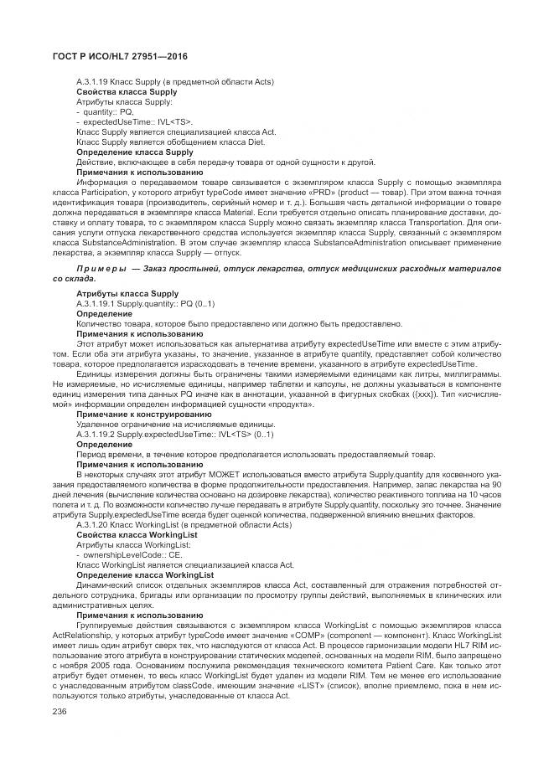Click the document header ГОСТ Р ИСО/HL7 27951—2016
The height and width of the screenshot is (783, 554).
(115, 55)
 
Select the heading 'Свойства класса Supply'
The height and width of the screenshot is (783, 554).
(127, 91)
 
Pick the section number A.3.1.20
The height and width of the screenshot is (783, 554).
(93, 524)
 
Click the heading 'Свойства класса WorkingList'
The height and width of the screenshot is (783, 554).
(137, 534)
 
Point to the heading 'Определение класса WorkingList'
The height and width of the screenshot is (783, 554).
(144, 574)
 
